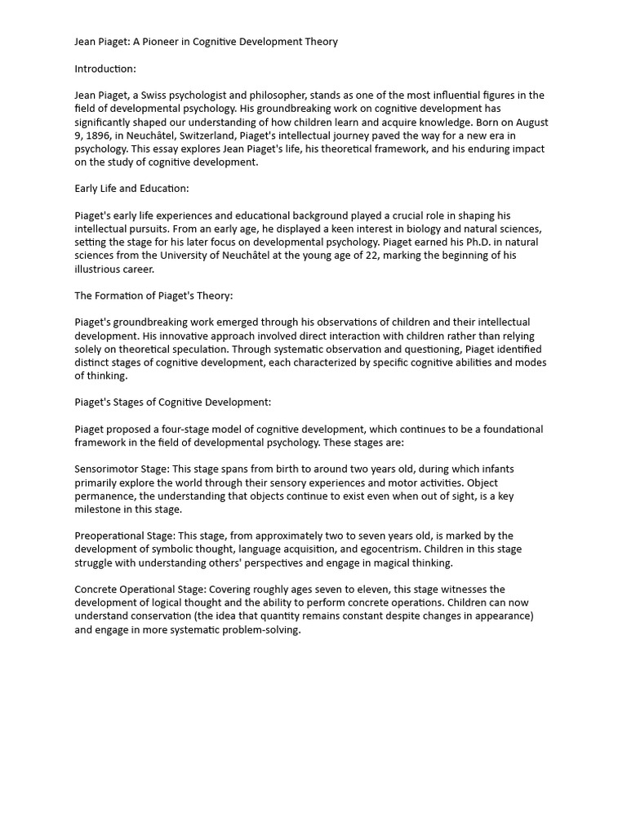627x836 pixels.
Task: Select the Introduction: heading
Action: coord(105,69)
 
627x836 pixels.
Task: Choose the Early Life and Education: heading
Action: coord(131,189)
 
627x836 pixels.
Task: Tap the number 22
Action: coord(392,256)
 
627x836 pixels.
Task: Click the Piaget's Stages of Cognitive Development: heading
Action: coord(173,402)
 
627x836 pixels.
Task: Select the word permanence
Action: coord(105,496)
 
